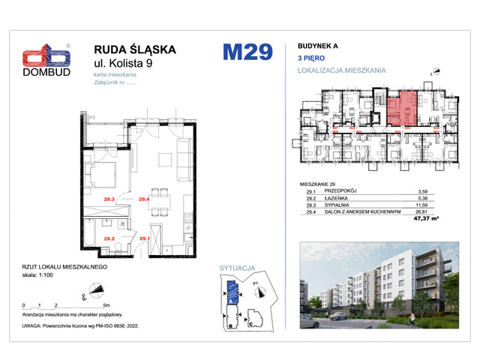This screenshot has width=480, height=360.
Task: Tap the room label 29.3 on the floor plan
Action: pos(109,199)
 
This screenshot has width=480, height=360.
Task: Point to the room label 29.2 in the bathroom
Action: pos(109,238)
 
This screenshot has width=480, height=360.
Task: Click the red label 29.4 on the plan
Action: pos(145,199)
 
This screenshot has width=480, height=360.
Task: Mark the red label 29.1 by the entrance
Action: pos(145,238)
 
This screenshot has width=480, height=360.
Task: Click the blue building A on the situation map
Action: pos(232,289)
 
